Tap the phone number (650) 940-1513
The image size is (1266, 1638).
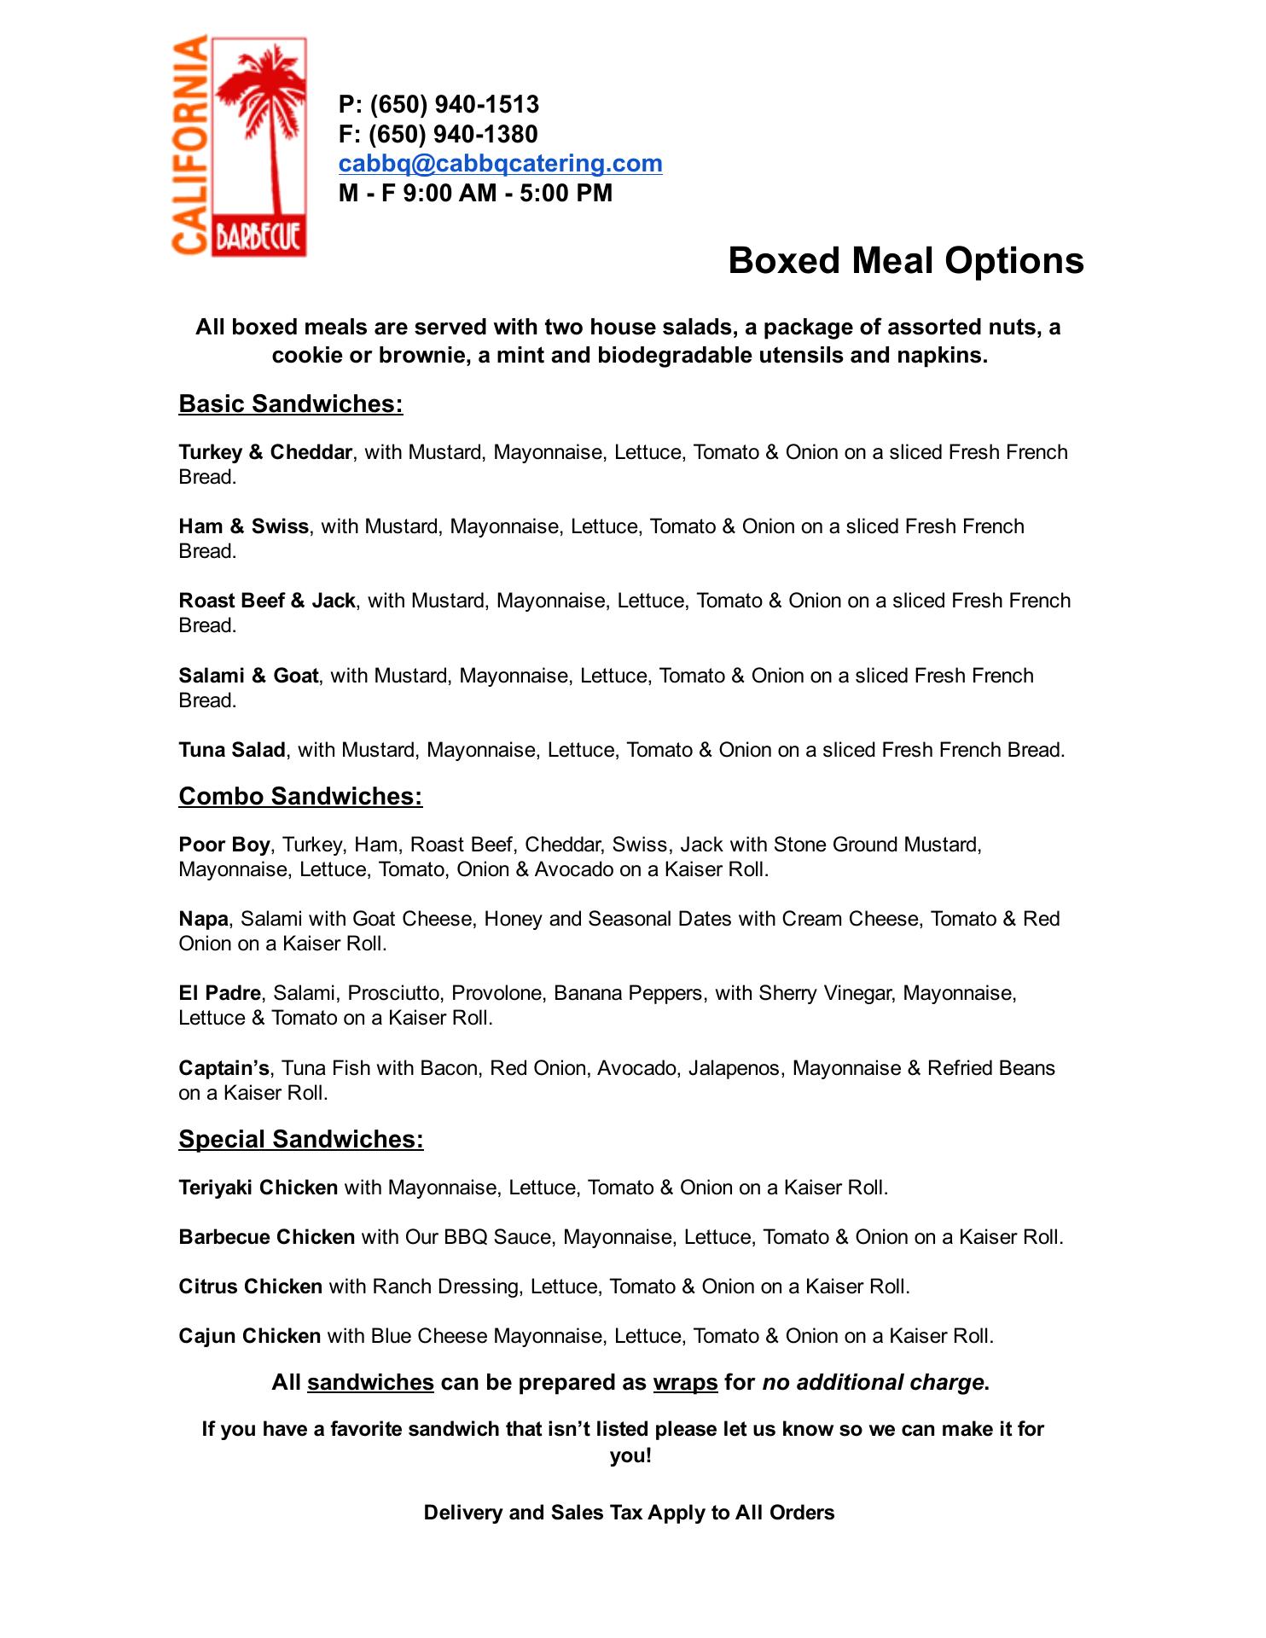tap(454, 105)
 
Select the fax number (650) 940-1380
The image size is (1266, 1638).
tap(453, 134)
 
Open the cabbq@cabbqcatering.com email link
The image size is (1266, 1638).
tap(500, 163)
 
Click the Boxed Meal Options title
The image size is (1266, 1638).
tap(905, 260)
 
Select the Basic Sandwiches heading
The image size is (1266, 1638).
tap(290, 404)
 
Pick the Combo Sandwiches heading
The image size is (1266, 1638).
tap(300, 796)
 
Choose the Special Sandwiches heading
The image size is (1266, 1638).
tap(300, 1139)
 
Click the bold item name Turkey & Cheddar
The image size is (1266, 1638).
tap(265, 452)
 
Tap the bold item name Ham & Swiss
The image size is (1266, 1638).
tap(243, 526)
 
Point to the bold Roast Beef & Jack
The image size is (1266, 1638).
tap(266, 601)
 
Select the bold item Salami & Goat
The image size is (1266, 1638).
tap(248, 676)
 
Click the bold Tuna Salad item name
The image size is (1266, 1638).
tap(231, 750)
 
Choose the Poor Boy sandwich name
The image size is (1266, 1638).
tap(224, 845)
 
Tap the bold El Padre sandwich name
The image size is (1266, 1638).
tap(219, 993)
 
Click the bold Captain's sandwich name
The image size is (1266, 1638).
tap(224, 1068)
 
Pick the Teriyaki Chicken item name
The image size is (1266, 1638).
tap(258, 1188)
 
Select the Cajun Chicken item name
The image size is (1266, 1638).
tap(249, 1336)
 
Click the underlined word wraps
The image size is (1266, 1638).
tap(685, 1383)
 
